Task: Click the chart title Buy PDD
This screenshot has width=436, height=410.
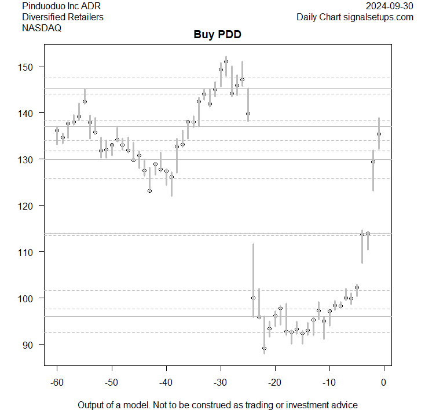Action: (x=217, y=35)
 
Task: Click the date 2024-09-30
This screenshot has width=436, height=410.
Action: (x=390, y=6)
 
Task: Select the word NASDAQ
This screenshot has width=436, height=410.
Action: (x=42, y=28)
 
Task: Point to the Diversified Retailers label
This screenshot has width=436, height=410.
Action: (x=63, y=17)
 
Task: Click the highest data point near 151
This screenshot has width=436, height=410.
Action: (x=226, y=61)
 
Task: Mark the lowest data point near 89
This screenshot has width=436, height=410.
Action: (x=264, y=349)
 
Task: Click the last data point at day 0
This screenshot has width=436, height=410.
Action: (x=379, y=134)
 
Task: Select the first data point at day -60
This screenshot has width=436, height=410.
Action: (x=57, y=130)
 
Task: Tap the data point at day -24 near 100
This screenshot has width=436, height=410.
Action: (x=253, y=298)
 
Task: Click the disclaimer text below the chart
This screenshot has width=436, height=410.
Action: (x=217, y=405)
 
